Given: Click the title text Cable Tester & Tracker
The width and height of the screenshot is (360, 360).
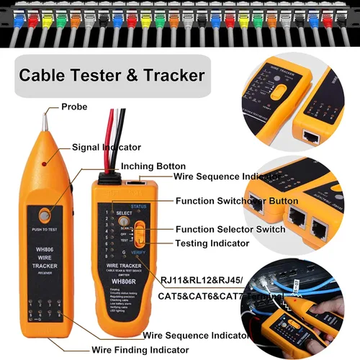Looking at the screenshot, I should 112,75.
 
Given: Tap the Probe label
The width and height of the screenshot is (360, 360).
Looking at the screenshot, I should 74,107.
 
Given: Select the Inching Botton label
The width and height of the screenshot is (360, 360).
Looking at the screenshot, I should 153,166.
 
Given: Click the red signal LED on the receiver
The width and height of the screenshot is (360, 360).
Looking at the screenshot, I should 45,164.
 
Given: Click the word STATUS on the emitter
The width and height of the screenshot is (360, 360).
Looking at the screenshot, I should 150,207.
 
